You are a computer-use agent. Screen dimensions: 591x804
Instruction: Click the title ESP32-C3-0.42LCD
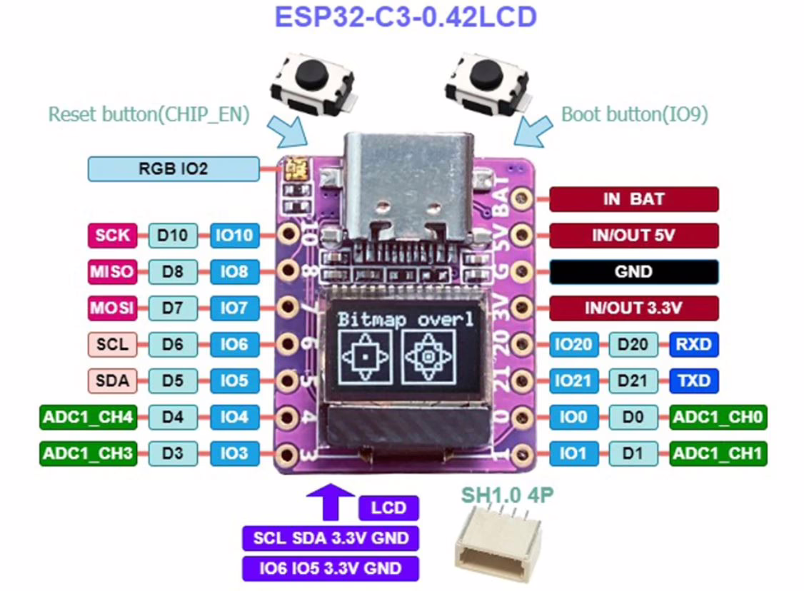coord(405,16)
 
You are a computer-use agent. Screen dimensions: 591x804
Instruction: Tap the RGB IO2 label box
coord(173,169)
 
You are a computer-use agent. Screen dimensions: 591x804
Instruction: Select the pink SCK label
coord(112,235)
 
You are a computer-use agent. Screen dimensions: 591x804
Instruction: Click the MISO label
coord(112,271)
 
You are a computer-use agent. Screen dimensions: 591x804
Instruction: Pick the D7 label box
coord(172,308)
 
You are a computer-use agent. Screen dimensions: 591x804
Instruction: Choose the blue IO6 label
coord(233,345)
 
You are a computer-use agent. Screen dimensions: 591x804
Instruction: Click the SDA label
coord(112,380)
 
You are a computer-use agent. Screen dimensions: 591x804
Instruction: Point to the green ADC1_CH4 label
coord(87,417)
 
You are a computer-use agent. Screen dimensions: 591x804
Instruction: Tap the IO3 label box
coord(233,453)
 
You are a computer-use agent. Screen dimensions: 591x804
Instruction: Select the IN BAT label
coord(633,199)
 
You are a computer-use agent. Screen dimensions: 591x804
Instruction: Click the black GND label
coord(633,272)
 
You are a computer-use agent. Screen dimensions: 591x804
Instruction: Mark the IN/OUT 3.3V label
coord(633,308)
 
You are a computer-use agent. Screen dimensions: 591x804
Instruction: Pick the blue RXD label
coord(693,345)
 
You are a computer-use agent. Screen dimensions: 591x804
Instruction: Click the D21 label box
coord(633,380)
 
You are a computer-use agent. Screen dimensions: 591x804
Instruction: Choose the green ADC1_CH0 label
coord(718,417)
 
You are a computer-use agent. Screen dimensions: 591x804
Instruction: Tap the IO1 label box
coord(573,453)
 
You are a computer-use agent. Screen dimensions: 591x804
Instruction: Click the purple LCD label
coord(389,508)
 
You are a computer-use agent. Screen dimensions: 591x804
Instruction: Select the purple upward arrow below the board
coord(329,500)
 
